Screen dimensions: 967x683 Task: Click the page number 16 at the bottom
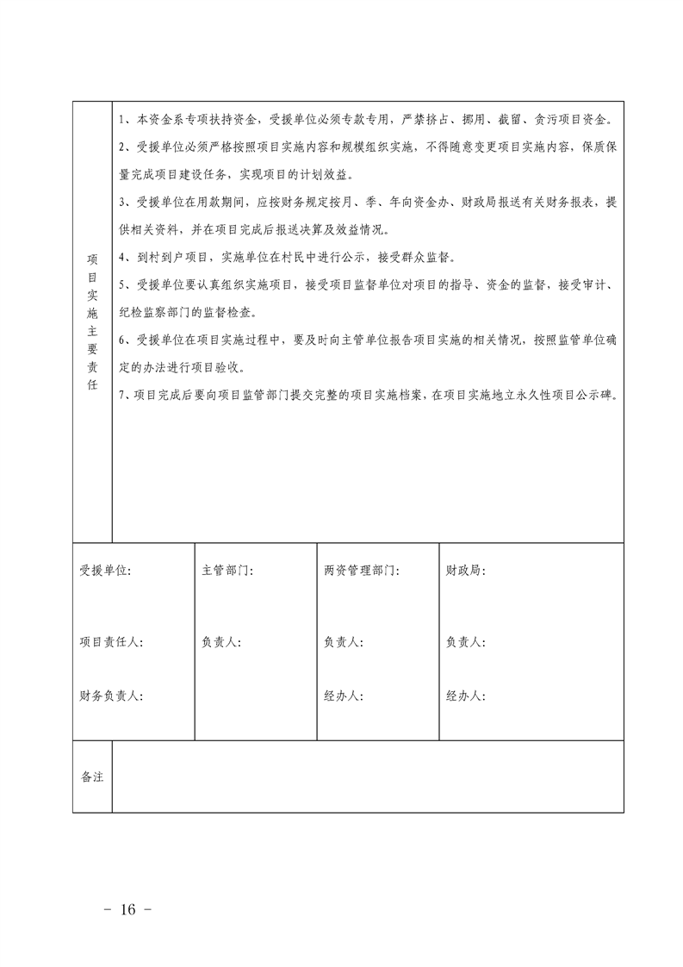pyautogui.click(x=130, y=910)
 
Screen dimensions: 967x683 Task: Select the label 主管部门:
pyautogui.click(x=227, y=571)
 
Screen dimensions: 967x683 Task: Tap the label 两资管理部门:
pyautogui.click(x=361, y=571)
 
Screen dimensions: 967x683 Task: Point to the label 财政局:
pyautogui.click(x=466, y=571)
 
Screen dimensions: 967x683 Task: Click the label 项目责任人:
pyautogui.click(x=111, y=642)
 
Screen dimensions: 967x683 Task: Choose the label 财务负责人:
pyautogui.click(x=111, y=696)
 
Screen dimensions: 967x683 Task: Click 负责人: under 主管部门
pyautogui.click(x=221, y=642)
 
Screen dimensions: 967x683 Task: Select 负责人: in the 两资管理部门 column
pyautogui.click(x=344, y=642)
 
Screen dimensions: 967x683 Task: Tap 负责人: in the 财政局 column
pyautogui.click(x=466, y=642)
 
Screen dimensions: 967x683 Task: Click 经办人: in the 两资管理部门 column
pyautogui.click(x=344, y=696)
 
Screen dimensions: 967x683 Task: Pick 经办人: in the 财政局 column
pyautogui.click(x=466, y=696)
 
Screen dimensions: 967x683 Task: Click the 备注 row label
pyautogui.click(x=92, y=777)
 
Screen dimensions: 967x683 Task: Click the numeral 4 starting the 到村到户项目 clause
pyautogui.click(x=122, y=258)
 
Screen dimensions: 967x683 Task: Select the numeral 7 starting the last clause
pyautogui.click(x=122, y=396)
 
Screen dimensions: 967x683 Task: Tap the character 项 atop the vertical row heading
pyautogui.click(x=92, y=259)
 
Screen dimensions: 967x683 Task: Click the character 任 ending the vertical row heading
pyautogui.click(x=92, y=384)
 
